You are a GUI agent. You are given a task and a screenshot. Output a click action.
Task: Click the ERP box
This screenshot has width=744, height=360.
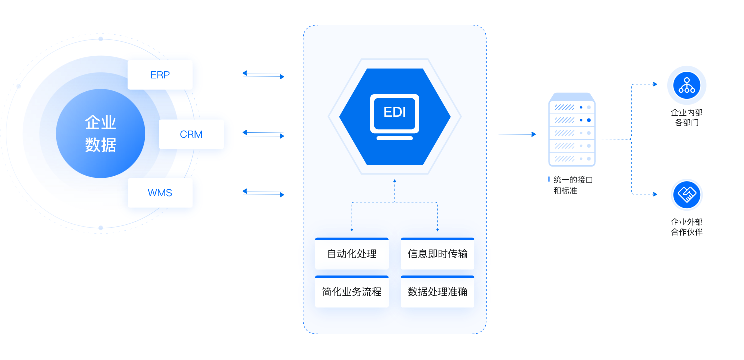pyautogui.click(x=160, y=75)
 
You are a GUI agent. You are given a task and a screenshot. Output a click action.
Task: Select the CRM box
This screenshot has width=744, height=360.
pyautogui.click(x=191, y=134)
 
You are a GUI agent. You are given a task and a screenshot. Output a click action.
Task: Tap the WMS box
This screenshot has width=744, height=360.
pyautogui.click(x=160, y=193)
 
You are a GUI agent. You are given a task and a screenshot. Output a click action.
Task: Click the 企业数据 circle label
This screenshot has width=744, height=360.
pyautogui.click(x=100, y=134)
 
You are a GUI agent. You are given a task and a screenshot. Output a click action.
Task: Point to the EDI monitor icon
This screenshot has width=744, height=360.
pyautogui.click(x=395, y=113)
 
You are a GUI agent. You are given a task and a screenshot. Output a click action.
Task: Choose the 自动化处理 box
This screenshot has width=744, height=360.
pyautogui.click(x=352, y=254)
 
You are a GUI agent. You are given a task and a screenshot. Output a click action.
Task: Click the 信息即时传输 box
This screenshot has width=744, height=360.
pyautogui.click(x=437, y=254)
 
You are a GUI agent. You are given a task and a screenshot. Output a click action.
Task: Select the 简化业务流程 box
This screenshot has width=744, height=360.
pyautogui.click(x=352, y=292)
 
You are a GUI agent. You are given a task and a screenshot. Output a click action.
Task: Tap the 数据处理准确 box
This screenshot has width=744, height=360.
pyautogui.click(x=437, y=292)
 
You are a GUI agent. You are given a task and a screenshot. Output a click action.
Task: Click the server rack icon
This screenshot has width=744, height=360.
pyautogui.click(x=572, y=130)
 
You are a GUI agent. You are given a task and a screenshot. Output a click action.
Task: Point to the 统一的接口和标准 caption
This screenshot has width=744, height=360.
pyautogui.click(x=572, y=185)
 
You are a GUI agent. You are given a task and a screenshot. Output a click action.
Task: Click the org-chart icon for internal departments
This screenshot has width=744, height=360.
pyautogui.click(x=687, y=85)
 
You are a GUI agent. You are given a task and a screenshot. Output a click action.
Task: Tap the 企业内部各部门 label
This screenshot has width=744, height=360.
pyautogui.click(x=687, y=118)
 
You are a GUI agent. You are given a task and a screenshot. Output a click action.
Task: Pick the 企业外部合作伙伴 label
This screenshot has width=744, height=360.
pyautogui.click(x=687, y=227)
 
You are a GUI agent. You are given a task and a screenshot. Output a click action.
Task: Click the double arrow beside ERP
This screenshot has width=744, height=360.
pyautogui.click(x=263, y=75)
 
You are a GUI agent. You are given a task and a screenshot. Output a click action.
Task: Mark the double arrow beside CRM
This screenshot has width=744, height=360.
pyautogui.click(x=263, y=134)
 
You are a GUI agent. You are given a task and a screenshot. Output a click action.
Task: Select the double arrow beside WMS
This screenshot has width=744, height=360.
pyautogui.click(x=263, y=192)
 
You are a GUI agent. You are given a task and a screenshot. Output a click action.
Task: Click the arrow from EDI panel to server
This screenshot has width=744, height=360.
pyautogui.click(x=517, y=134)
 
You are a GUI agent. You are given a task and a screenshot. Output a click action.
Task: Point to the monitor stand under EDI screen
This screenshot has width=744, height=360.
pyautogui.click(x=395, y=138)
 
